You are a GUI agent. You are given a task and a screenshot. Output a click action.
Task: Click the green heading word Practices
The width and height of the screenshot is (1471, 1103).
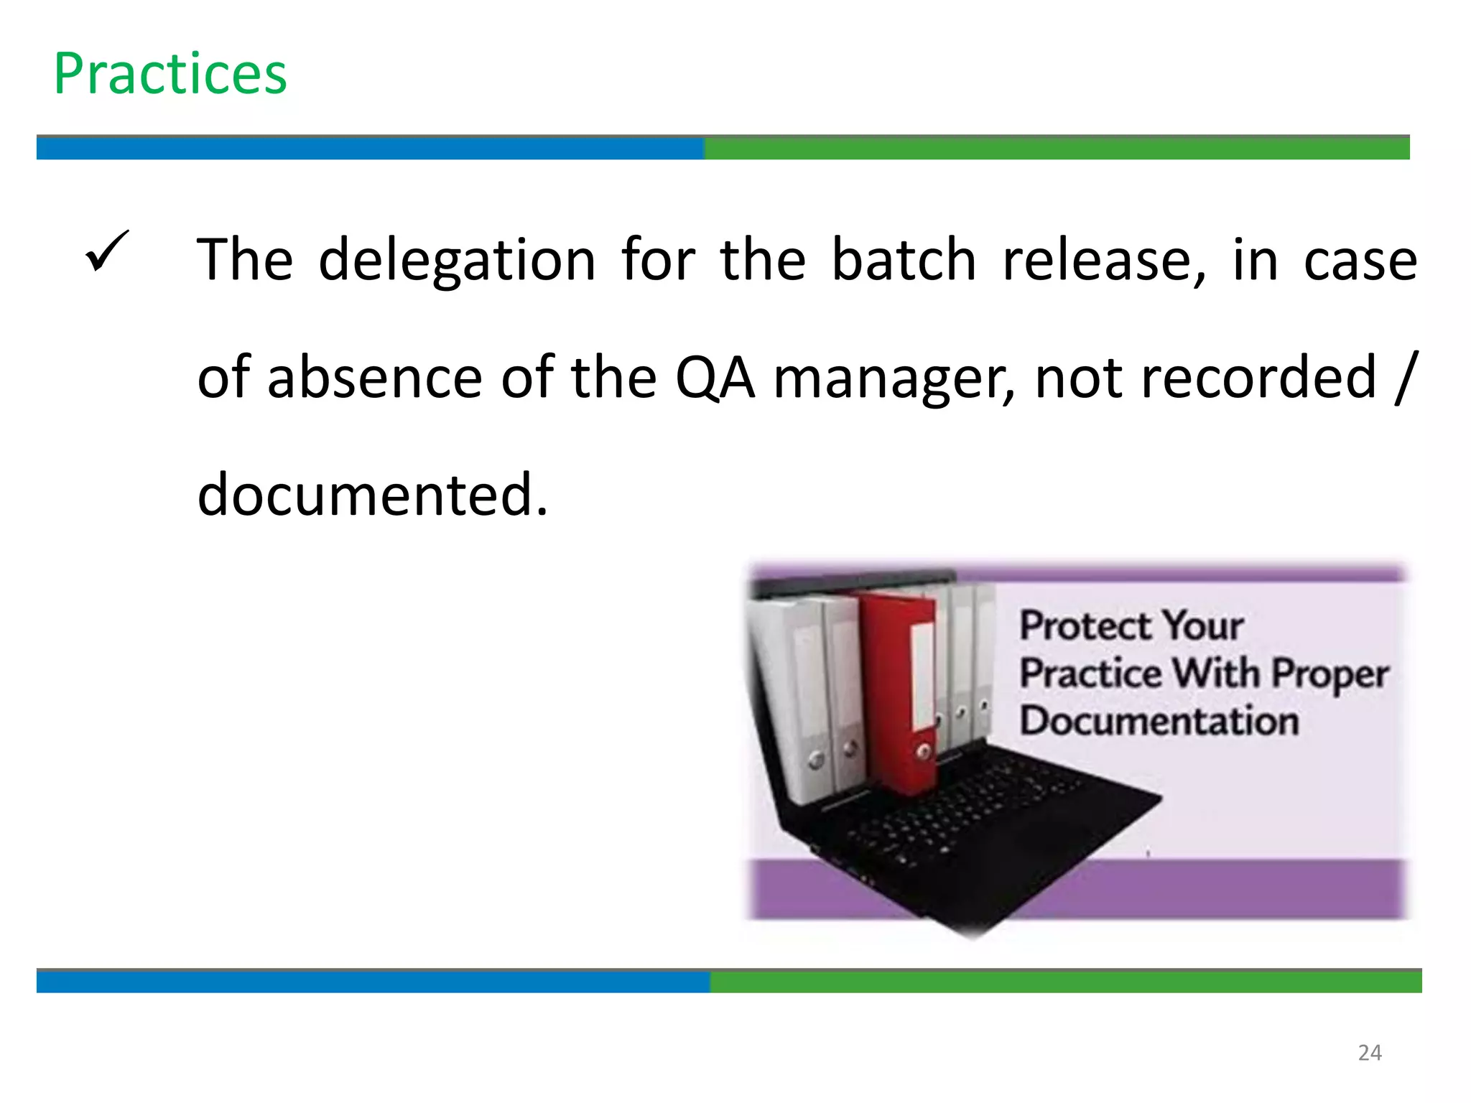pos(170,74)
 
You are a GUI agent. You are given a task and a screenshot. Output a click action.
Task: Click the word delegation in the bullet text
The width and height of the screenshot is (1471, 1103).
pos(457,260)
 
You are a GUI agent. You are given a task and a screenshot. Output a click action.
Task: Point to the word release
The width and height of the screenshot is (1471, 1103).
pos(1102,260)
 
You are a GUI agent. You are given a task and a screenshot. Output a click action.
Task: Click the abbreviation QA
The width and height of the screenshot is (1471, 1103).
pos(715,378)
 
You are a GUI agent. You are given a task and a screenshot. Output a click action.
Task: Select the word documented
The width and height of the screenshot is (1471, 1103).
pos(372,495)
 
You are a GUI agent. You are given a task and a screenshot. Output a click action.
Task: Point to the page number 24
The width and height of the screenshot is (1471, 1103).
pos(1370,1053)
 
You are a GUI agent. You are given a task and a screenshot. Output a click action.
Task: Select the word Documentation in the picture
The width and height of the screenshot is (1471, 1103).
pos(1159,721)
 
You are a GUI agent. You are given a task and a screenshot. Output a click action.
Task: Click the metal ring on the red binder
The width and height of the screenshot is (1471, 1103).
pos(924,752)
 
